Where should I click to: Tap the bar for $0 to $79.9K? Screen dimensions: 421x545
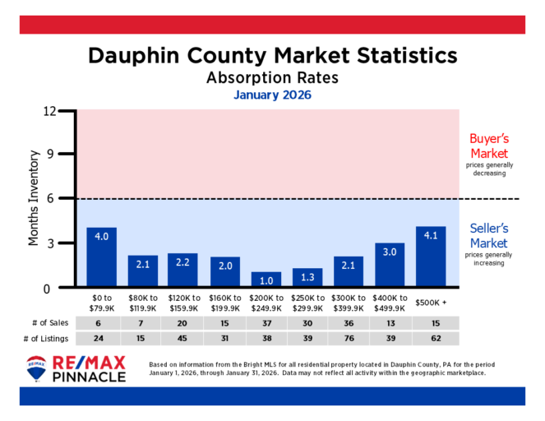coord(102,258)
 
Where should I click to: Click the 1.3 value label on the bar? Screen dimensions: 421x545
coord(307,275)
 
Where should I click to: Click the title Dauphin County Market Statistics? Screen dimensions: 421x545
coord(272,56)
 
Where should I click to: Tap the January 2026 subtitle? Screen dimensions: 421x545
coord(272,95)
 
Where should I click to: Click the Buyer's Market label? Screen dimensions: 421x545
coord(488,146)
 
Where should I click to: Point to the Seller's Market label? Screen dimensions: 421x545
coord(488,236)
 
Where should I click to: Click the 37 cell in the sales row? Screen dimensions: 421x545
coord(266,323)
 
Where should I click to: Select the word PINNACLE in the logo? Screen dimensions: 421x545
coord(89,377)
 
